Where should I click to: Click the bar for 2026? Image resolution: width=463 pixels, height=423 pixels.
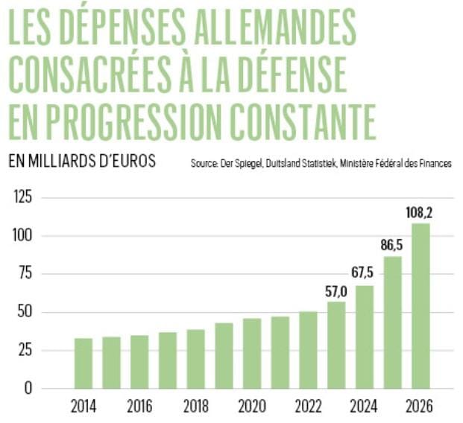click(x=421, y=305)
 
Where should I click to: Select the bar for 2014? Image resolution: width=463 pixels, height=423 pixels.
click(x=84, y=363)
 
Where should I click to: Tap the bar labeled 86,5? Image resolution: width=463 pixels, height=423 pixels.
click(x=393, y=322)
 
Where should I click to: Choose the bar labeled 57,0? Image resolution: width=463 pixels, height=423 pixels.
click(x=336, y=344)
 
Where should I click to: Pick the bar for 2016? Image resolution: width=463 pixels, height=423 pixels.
click(x=139, y=361)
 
